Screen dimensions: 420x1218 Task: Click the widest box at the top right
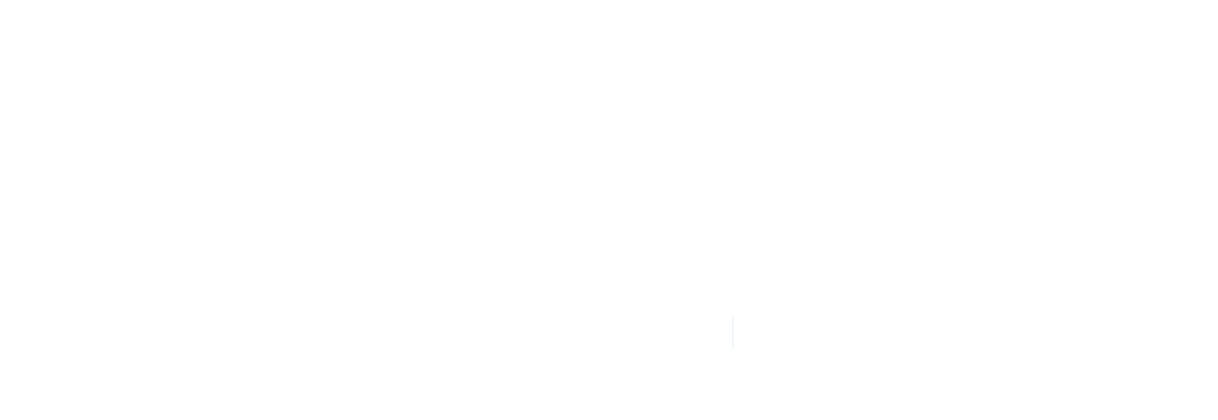coord(1011,39)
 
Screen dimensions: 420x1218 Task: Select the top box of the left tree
coord(446,40)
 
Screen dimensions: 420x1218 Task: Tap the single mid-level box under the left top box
coord(452,136)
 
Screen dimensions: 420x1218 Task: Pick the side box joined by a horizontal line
coord(711,82)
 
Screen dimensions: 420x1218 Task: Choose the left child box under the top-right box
coord(916,140)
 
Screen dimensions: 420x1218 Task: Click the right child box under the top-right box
coord(1119,140)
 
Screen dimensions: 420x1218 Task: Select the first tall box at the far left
coord(51,313)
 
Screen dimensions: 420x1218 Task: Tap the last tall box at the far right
coord(1175,312)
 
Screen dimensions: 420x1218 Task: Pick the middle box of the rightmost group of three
coord(1120,312)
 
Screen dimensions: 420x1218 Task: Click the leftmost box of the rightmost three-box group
coord(1062,312)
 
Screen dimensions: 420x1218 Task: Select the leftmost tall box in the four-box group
coord(841,312)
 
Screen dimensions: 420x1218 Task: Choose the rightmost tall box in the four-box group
coord(1005,312)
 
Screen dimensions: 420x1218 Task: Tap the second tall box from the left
coord(108,313)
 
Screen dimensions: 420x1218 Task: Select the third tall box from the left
coord(165,313)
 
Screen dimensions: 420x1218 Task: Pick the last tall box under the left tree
coord(783,313)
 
